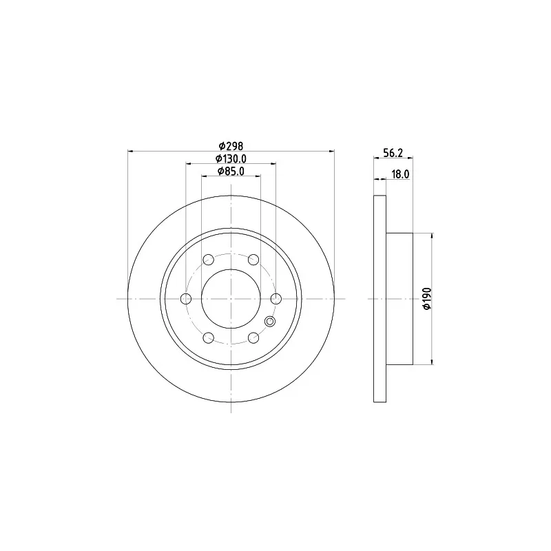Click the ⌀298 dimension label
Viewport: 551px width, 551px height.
[x=231, y=145]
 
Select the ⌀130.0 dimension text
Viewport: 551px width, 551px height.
[x=231, y=159]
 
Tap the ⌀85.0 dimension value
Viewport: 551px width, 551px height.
[x=231, y=171]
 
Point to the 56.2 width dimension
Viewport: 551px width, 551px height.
[x=393, y=153]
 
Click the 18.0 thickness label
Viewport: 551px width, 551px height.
[x=400, y=174]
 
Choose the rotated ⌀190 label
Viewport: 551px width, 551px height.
[x=427, y=299]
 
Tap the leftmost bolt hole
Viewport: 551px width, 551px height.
[x=186, y=299]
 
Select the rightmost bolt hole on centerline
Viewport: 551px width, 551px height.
[x=276, y=299]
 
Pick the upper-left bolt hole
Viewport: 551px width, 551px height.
[x=209, y=260]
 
